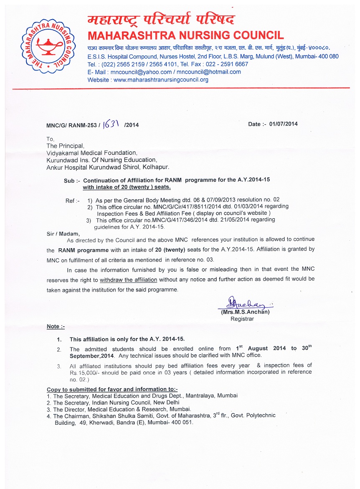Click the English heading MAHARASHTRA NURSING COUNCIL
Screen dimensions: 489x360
pos(185,35)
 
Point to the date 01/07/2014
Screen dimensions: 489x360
pos(284,124)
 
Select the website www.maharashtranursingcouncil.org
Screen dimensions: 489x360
pos(161,80)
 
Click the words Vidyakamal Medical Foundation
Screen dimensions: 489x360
pos(91,153)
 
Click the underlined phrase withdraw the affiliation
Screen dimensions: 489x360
pos(128,280)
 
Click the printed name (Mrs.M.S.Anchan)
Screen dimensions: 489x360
pos(245,312)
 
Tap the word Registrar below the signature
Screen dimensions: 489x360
pos(242,319)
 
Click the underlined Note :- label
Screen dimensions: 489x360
pos(56,327)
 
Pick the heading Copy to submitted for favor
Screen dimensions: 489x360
pos(112,389)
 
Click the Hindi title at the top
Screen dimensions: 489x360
pos(161,19)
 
